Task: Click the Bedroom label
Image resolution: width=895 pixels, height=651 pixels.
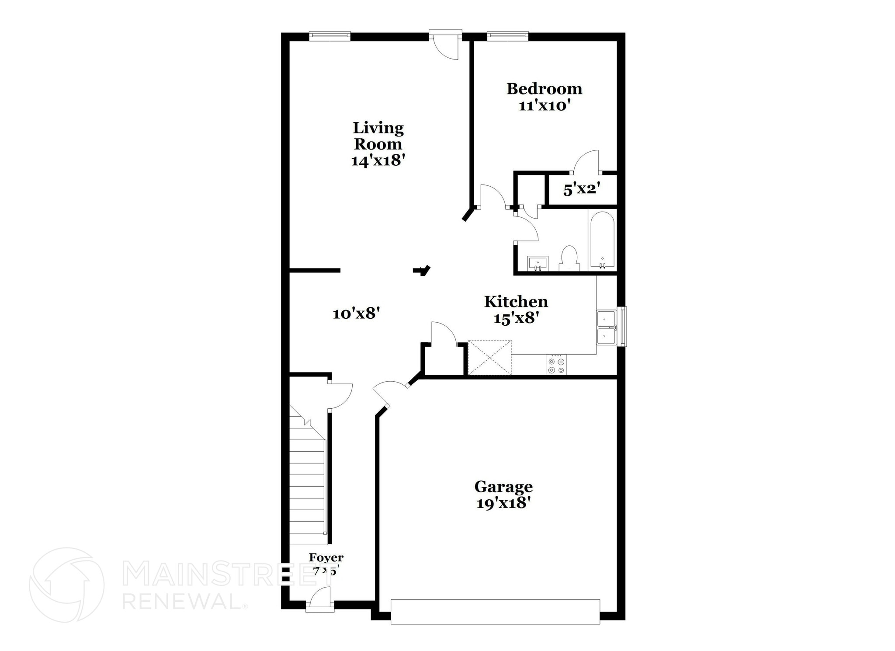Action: pyautogui.click(x=544, y=89)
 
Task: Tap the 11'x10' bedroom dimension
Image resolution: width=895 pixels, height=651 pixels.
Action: pyautogui.click(x=545, y=106)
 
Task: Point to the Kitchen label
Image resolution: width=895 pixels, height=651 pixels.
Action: pyautogui.click(x=516, y=302)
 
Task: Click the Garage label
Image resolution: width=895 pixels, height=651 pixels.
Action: pyautogui.click(x=503, y=487)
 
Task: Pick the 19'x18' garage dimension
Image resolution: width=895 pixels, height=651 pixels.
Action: pyautogui.click(x=503, y=504)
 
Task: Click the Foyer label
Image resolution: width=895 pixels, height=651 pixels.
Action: pyautogui.click(x=326, y=557)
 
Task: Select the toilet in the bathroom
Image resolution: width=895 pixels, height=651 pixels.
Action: pyautogui.click(x=569, y=258)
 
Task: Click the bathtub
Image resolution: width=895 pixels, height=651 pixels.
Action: pyautogui.click(x=602, y=240)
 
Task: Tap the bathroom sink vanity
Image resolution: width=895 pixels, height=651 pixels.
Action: pyautogui.click(x=538, y=264)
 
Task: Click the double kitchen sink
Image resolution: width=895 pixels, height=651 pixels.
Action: pyautogui.click(x=606, y=328)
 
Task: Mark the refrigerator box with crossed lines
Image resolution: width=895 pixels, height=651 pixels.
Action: pyautogui.click(x=489, y=357)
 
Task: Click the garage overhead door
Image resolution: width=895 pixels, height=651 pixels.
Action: pyautogui.click(x=495, y=611)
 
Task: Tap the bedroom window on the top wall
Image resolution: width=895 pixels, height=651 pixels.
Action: pyautogui.click(x=507, y=35)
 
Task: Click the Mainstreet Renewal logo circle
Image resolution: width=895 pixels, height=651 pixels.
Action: pyautogui.click(x=66, y=585)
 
